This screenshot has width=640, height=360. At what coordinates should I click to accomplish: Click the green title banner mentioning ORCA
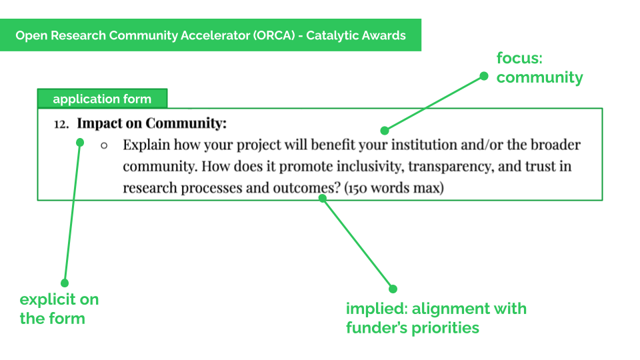(211, 35)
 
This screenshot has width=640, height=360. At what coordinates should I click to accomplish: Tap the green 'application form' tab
(102, 99)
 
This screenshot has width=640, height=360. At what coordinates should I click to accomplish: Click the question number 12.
(61, 124)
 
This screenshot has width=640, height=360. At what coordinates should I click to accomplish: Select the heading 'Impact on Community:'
(152, 123)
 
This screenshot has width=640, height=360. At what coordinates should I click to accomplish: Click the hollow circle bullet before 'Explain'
(104, 145)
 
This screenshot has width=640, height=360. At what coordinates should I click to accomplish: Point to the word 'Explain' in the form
(146, 145)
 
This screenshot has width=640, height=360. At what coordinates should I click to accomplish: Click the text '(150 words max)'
(394, 188)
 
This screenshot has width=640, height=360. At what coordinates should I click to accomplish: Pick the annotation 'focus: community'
(539, 68)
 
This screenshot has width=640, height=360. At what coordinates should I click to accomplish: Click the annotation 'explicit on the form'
(59, 309)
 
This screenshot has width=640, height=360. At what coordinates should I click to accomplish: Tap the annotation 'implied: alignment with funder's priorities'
(436, 318)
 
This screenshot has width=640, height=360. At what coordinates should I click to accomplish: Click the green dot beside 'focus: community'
(485, 77)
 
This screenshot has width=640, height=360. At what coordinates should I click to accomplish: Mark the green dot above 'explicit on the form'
(65, 283)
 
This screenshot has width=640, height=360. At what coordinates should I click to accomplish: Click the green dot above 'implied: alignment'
(393, 289)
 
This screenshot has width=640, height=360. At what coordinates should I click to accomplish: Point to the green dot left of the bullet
(80, 142)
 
